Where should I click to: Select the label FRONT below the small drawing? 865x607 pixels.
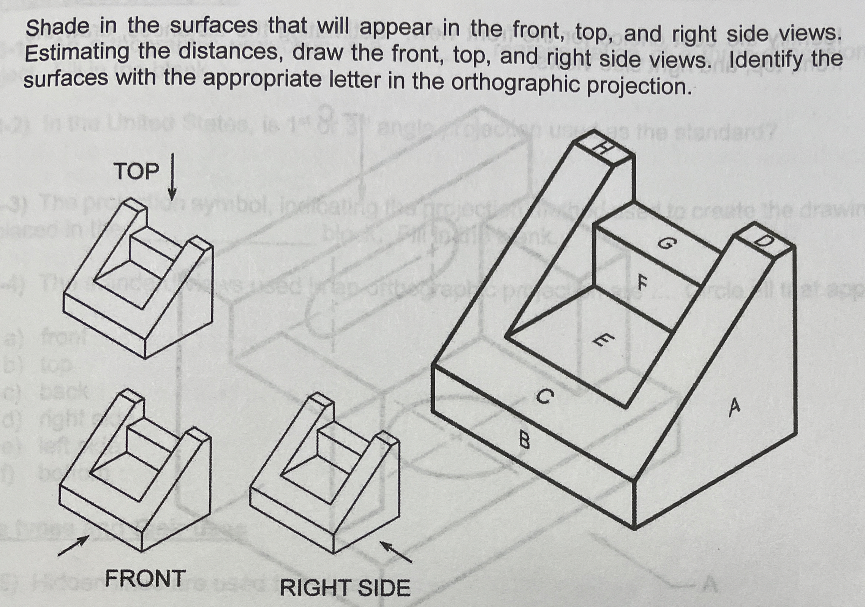(145, 578)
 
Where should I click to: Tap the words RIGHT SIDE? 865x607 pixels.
(345, 588)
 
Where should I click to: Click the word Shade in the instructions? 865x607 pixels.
(57, 28)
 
